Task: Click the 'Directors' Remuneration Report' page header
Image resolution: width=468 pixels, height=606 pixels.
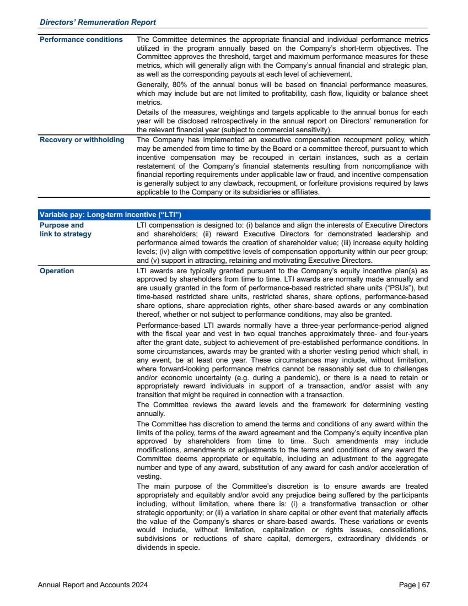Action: point(98,23)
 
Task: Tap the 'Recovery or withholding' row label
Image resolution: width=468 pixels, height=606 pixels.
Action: point(82,140)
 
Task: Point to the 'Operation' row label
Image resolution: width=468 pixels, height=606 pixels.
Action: point(57,271)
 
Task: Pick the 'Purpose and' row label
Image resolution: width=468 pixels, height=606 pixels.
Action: point(62,225)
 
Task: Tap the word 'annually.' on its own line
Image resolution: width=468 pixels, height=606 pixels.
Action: point(150,413)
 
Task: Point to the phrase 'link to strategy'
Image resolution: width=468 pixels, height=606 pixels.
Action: point(66,234)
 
